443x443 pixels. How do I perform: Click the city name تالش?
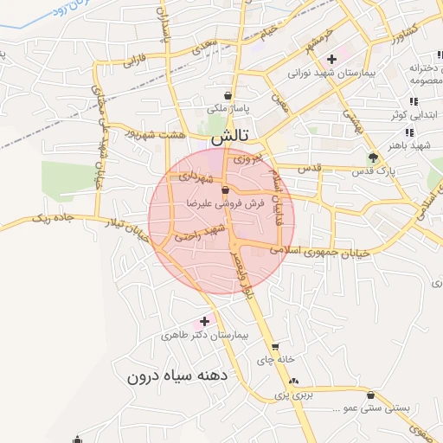point(232,136)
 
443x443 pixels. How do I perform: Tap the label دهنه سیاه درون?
point(177,376)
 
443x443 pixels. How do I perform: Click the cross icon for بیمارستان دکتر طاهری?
point(204,321)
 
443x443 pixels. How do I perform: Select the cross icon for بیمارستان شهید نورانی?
point(331,60)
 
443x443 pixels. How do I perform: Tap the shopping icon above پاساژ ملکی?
point(228,95)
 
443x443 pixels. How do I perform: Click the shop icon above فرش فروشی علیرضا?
point(225,189)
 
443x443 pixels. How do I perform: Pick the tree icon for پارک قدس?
point(373,157)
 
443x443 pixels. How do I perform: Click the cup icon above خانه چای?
point(274,347)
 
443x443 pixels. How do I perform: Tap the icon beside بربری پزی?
point(292,381)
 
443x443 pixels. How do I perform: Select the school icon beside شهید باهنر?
point(409,132)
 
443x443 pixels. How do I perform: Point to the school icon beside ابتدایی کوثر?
point(414,102)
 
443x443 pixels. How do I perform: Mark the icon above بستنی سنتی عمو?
point(370,394)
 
